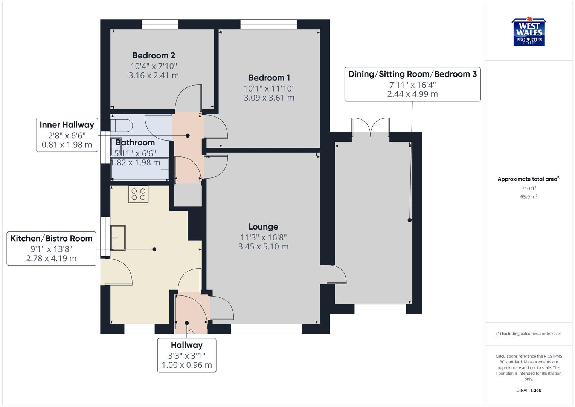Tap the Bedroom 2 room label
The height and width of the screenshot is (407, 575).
pyautogui.click(x=154, y=55)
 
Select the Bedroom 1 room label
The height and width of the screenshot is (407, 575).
pyautogui.click(x=269, y=78)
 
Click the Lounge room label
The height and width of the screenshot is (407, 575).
pyautogui.click(x=263, y=226)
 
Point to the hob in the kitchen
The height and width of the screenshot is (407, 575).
pyautogui.click(x=138, y=194)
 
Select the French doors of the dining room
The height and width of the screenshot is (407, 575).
pyautogui.click(x=371, y=127)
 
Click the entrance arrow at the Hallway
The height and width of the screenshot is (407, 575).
pyautogui.click(x=191, y=333)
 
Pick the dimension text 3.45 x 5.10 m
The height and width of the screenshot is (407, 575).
pyautogui.click(x=263, y=247)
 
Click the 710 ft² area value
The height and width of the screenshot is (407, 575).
pyautogui.click(x=529, y=188)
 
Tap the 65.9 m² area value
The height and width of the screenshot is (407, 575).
pyautogui.click(x=529, y=197)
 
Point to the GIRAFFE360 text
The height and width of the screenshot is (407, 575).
pyautogui.click(x=529, y=390)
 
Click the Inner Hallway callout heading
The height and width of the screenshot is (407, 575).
pyautogui.click(x=67, y=125)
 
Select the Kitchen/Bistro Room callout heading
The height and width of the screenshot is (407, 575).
pyautogui.click(x=52, y=238)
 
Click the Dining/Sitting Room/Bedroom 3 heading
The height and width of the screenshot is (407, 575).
pyautogui.click(x=412, y=74)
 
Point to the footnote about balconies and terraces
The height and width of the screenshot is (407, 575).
pyautogui.click(x=529, y=334)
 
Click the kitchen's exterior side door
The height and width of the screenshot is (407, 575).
pyautogui.click(x=117, y=271)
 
